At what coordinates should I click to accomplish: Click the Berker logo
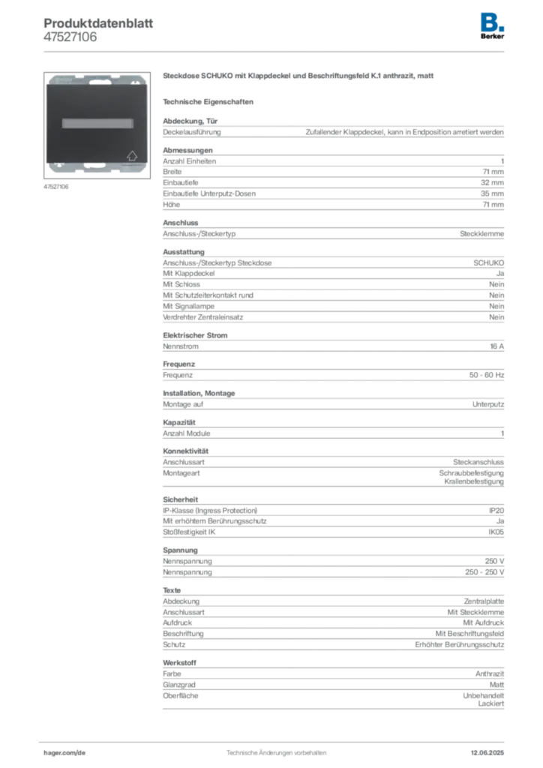point(492,26)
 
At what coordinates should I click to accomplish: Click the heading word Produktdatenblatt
point(98,23)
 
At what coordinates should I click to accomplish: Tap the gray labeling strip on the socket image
point(97,123)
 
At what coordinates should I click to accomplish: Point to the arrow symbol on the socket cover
point(132,156)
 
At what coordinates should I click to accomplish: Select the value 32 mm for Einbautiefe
point(492,183)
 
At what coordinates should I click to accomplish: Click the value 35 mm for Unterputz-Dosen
point(492,193)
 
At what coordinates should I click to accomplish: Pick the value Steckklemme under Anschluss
point(481,234)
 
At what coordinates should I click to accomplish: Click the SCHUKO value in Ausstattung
point(488,263)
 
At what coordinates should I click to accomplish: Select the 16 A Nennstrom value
point(496,346)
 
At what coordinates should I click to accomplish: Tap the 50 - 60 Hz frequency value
point(486,375)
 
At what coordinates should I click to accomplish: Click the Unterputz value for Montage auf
point(487,404)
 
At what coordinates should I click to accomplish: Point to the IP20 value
point(496,510)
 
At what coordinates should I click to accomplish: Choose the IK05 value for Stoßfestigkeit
point(496,532)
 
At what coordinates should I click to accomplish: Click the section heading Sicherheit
point(180,499)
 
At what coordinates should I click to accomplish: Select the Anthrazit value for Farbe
point(490,674)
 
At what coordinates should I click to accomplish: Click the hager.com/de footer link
point(64,753)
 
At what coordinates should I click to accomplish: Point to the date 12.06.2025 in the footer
point(487,753)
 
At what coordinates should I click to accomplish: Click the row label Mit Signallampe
point(188,306)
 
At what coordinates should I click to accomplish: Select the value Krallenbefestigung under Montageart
point(474,481)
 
